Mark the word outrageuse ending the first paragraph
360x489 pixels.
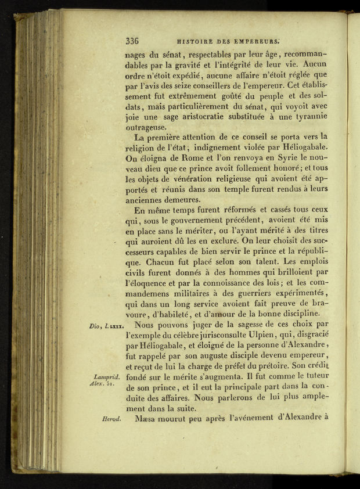145,127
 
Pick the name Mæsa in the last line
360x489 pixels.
146,418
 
